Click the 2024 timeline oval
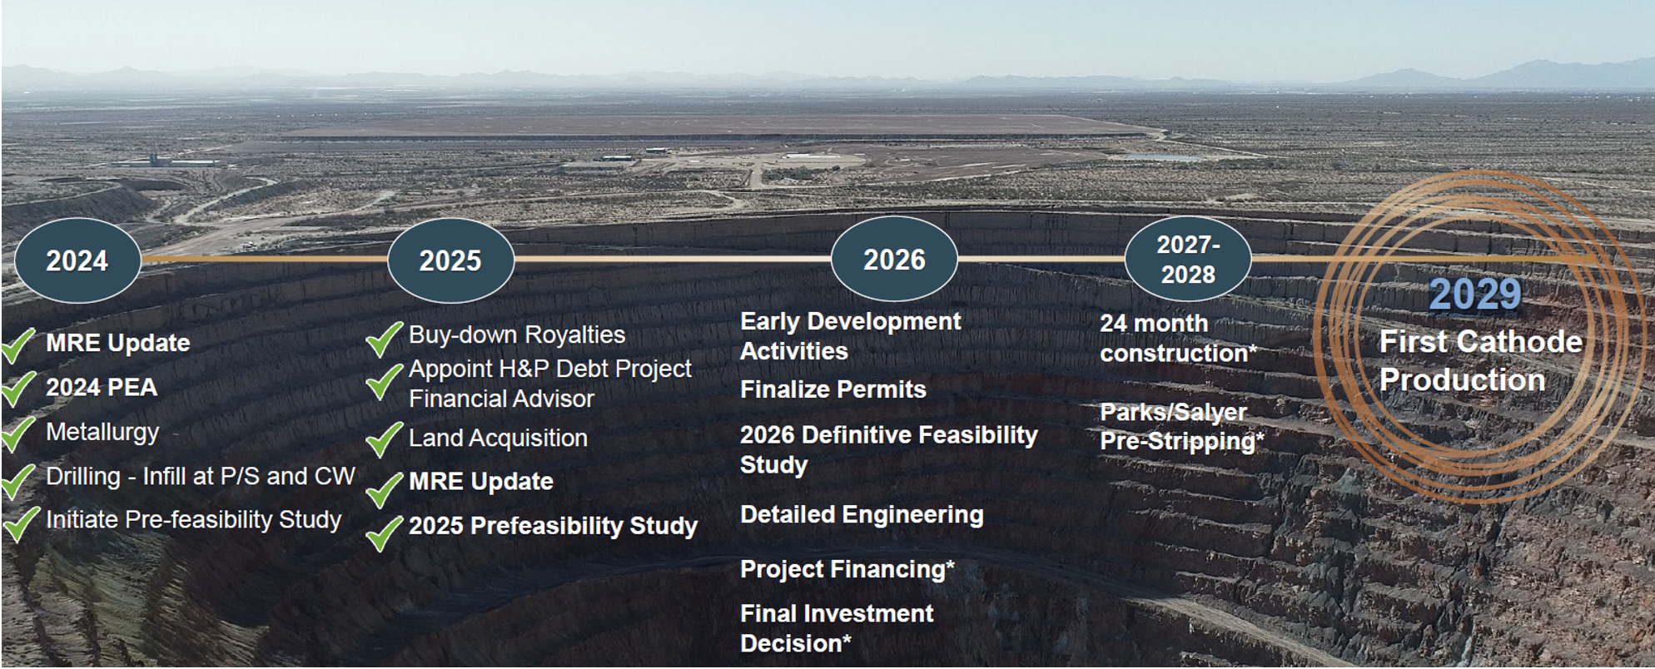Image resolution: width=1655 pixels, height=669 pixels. pyautogui.click(x=77, y=260)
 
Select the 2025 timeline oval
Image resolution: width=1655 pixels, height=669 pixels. pyautogui.click(x=450, y=260)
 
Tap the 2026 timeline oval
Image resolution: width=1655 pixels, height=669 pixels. pyautogui.click(x=894, y=259)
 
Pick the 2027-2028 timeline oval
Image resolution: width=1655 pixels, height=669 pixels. pyautogui.click(x=1188, y=259)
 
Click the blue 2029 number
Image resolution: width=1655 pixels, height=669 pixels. pyautogui.click(x=1475, y=295)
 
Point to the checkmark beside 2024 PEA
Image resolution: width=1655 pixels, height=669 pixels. pyautogui.click(x=18, y=388)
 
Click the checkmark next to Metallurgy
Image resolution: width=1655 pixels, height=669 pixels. pyautogui.click(x=18, y=433)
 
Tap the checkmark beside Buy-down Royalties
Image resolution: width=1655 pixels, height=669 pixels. pyautogui.click(x=384, y=339)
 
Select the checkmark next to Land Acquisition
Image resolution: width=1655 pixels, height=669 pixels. pyautogui.click(x=384, y=439)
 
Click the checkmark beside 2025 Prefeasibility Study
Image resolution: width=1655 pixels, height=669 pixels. pyautogui.click(x=384, y=533)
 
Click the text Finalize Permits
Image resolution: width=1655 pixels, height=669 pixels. pyautogui.click(x=832, y=389)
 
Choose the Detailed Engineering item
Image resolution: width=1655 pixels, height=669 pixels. pyautogui.click(x=862, y=515)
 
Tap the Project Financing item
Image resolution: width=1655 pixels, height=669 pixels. pyautogui.click(x=847, y=569)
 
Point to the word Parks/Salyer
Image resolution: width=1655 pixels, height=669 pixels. pyautogui.click(x=1173, y=412)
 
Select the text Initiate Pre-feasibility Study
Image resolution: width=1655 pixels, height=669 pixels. pyautogui.click(x=193, y=520)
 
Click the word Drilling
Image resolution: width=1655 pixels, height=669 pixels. pyautogui.click(x=83, y=477)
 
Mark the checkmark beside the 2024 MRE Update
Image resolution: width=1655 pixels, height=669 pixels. pyautogui.click(x=18, y=344)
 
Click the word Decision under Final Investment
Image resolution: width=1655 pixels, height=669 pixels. pyautogui.click(x=791, y=643)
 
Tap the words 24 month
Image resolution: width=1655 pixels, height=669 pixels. pyautogui.click(x=1153, y=324)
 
